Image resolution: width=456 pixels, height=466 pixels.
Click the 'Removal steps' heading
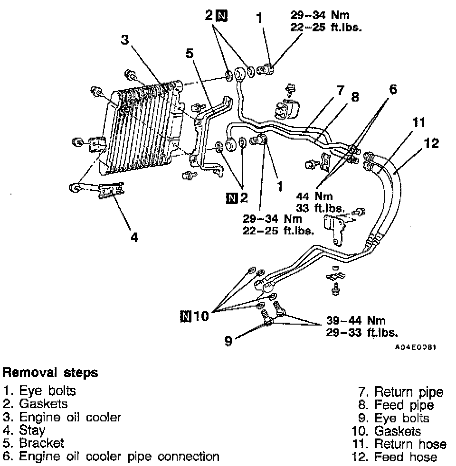50,373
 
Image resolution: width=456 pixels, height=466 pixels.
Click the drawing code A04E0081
416,347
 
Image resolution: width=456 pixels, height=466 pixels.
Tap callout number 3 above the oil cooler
125,41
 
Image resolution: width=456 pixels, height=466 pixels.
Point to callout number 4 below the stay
134,237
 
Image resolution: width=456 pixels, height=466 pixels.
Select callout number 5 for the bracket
190,54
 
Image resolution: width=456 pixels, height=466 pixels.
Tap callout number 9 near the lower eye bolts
228,341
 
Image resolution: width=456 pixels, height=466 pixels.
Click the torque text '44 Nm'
314,196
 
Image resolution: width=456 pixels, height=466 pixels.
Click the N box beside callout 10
186,315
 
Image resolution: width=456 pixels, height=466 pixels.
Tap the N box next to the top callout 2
221,16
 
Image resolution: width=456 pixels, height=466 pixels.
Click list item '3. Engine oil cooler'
62,418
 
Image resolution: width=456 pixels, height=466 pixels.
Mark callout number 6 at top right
393,89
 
